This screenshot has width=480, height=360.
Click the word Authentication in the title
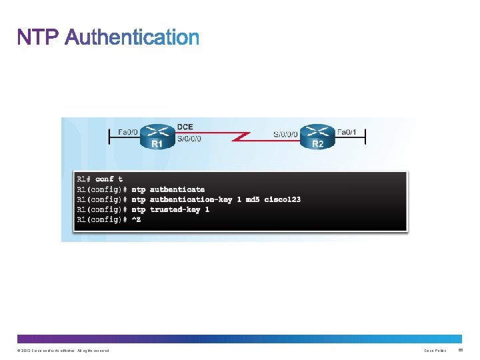point(132,37)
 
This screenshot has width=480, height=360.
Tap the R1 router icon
point(158,133)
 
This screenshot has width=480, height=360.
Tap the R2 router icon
point(317,133)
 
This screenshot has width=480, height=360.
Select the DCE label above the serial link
point(185,127)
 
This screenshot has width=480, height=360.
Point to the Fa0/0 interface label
point(128,132)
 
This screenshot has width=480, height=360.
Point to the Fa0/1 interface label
point(347,132)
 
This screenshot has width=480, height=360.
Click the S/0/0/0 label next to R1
point(189,138)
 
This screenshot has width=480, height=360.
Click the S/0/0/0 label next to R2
point(285,134)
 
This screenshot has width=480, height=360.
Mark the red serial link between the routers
point(237,137)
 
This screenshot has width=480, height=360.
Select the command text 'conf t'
point(109,179)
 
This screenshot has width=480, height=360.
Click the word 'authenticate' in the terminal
point(177,189)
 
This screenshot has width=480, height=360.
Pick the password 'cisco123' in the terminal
point(282,199)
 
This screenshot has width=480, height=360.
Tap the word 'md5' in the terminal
point(253,199)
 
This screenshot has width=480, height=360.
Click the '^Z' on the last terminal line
point(136,219)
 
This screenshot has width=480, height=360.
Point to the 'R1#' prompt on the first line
point(84,179)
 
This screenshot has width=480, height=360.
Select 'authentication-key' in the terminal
point(191,199)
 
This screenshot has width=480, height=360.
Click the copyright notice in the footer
point(60,351)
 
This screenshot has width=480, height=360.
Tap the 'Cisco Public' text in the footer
point(435,351)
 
